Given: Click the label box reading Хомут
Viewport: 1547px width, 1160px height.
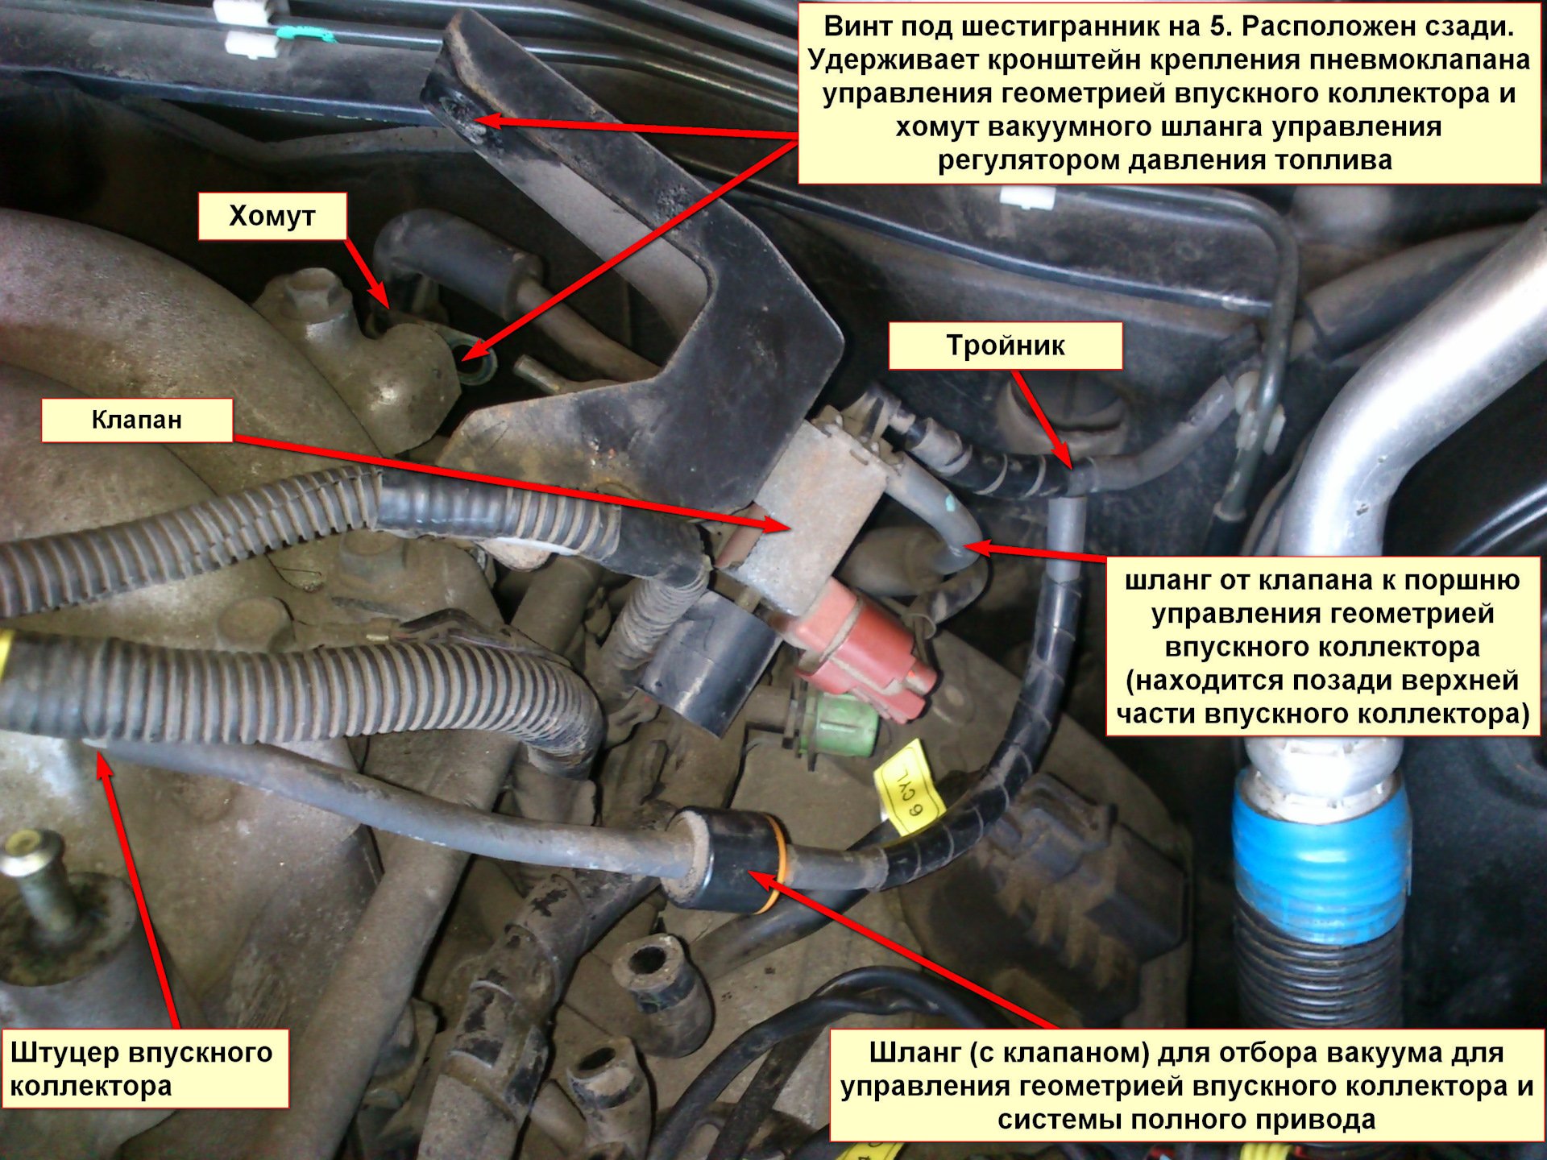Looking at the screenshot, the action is tap(272, 216).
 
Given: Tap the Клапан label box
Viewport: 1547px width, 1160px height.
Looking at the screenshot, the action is tap(137, 420).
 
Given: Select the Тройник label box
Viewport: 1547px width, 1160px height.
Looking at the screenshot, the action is tap(1006, 346).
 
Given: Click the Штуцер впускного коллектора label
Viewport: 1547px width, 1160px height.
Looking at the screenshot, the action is tap(145, 1068).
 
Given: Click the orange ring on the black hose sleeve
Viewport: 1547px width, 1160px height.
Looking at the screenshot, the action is tap(775, 862).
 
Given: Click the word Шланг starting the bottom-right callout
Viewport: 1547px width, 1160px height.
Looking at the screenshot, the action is tap(915, 1053).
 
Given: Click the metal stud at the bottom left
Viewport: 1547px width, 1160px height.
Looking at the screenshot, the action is tap(36, 886).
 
